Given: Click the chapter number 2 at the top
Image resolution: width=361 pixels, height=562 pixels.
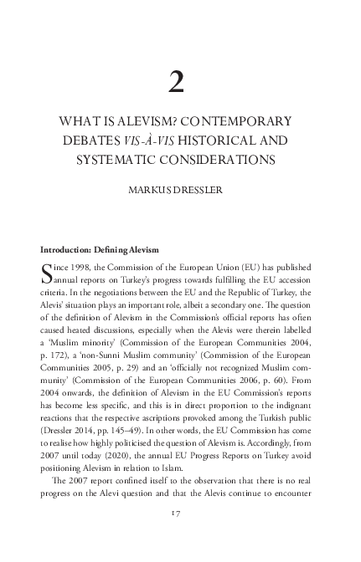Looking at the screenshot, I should pyautogui.click(x=177, y=81).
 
